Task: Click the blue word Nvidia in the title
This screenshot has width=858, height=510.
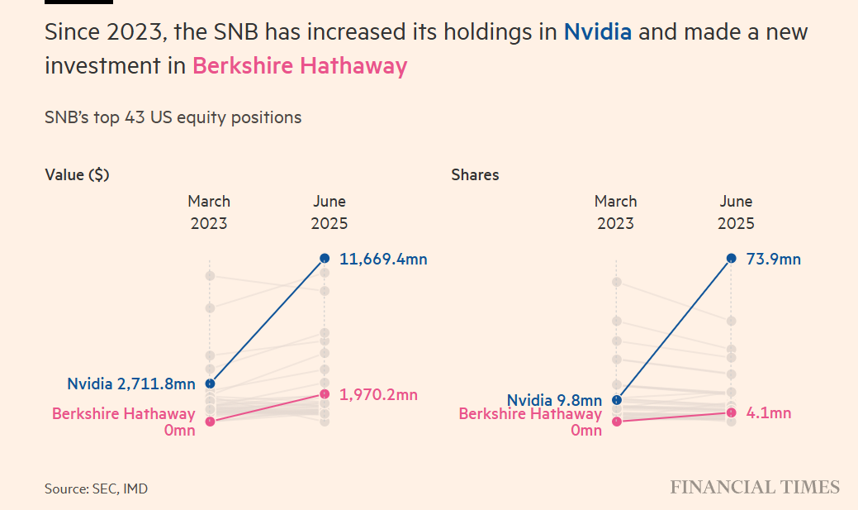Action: (597, 33)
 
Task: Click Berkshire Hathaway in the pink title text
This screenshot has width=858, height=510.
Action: (300, 66)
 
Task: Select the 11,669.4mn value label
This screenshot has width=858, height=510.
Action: (383, 260)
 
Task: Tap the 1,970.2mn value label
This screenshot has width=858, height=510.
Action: (378, 395)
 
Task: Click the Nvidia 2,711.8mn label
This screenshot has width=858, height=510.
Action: (131, 384)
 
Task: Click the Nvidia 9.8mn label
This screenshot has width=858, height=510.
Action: (554, 400)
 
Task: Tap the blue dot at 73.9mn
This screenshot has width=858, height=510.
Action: (731, 259)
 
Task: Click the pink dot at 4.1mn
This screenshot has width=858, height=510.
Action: (731, 412)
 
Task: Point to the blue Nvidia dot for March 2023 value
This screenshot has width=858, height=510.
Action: (210, 384)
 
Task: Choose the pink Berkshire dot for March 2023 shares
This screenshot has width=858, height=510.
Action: (616, 422)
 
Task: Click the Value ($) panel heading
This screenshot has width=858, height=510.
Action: (77, 174)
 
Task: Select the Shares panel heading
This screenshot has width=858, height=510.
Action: (475, 174)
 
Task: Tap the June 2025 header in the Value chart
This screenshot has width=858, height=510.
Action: (329, 212)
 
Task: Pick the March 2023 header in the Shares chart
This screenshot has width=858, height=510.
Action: (615, 212)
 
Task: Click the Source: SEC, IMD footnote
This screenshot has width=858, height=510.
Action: (96, 489)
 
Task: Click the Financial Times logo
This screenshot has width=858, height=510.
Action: (754, 487)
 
